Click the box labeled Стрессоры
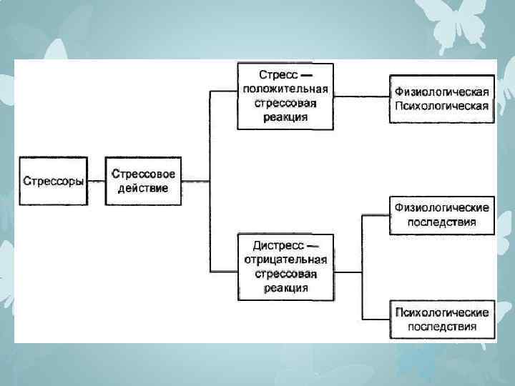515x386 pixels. click(52, 181)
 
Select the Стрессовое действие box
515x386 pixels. click(143, 181)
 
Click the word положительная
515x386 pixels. click(285, 89)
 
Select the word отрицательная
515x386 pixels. click(285, 259)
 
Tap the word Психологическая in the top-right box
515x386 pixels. click(441, 107)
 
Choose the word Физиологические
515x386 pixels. click(441, 207)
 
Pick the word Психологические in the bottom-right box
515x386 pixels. click(441, 312)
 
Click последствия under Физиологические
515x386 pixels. click(441, 222)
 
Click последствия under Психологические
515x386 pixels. click(441, 327)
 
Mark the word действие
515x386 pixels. click(144, 189)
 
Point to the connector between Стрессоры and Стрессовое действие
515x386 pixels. click(95, 182)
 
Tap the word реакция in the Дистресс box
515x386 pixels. click(285, 288)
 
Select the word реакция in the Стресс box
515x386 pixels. click(285, 117)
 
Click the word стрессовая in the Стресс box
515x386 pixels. click(285, 103)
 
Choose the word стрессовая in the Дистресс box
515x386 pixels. click(285, 274)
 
